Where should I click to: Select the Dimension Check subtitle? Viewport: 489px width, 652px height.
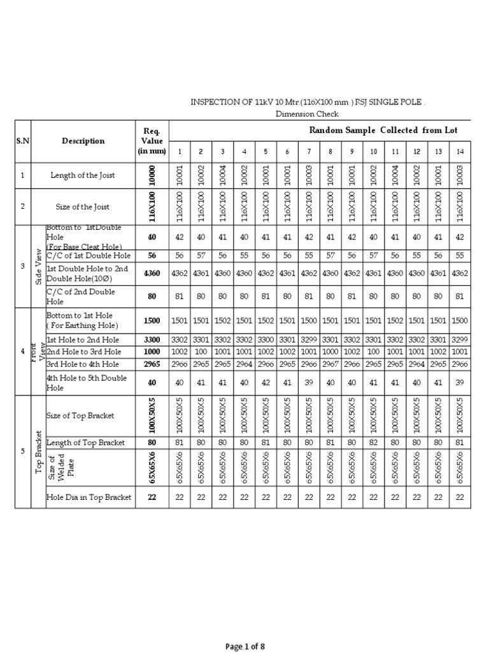pyautogui.click(x=307, y=114)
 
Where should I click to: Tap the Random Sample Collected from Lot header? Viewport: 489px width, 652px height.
pyautogui.click(x=383, y=131)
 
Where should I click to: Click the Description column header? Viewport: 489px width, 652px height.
pyautogui.click(x=83, y=141)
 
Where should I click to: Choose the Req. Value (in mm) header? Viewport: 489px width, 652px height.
pyautogui.click(x=152, y=141)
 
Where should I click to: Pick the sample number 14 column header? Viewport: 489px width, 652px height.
pyautogui.click(x=460, y=152)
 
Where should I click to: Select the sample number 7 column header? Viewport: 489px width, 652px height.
pyautogui.click(x=309, y=152)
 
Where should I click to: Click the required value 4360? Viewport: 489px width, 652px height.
pyautogui.click(x=152, y=274)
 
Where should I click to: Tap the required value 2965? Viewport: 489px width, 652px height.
pyautogui.click(x=152, y=364)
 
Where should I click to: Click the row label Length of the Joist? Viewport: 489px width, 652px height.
pyautogui.click(x=83, y=175)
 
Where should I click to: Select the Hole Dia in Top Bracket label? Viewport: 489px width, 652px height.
pyautogui.click(x=89, y=497)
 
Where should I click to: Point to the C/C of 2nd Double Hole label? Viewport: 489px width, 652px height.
pyautogui.click(x=80, y=296)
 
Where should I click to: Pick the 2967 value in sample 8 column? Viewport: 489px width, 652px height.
pyautogui.click(x=330, y=364)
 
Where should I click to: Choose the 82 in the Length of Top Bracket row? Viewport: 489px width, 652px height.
pyautogui.click(x=374, y=443)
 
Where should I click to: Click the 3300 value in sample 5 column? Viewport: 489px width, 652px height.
pyautogui.click(x=266, y=340)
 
